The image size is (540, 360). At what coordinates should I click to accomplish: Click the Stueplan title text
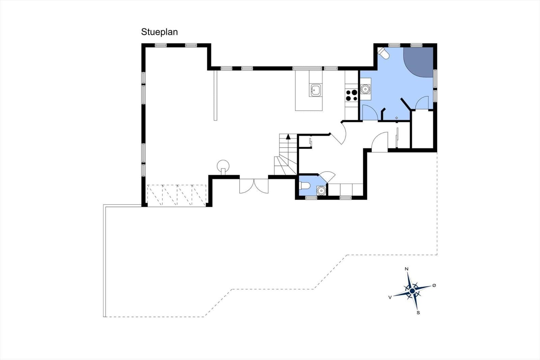click(159, 32)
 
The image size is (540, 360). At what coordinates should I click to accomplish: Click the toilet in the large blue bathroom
click(383, 53)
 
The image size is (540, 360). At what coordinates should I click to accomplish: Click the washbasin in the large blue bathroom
click(366, 89)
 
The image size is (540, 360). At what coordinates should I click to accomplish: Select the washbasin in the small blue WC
click(321, 190)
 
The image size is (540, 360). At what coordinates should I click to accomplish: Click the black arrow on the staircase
click(288, 136)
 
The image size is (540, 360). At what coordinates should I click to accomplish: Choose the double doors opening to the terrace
click(254, 186)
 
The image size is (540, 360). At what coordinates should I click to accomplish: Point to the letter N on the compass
click(406, 269)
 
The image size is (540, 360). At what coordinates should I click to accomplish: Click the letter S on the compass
click(418, 313)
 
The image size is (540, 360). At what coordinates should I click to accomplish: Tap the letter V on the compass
click(390, 298)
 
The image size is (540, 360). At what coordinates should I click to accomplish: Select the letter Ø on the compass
click(434, 285)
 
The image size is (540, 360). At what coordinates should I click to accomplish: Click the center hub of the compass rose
click(412, 291)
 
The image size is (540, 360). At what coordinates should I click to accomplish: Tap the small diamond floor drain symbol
click(397, 118)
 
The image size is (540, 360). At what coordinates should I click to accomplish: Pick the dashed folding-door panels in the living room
click(177, 196)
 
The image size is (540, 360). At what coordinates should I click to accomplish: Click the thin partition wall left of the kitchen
click(216, 95)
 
